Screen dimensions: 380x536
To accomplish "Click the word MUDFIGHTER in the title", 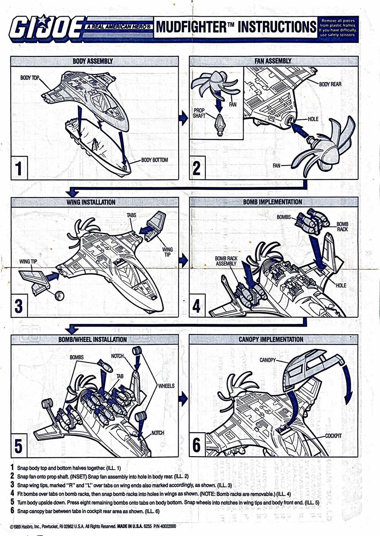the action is pos(191,27).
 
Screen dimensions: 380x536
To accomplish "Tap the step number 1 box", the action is pos(19,168).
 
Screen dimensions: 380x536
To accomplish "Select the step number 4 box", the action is pos(197,306).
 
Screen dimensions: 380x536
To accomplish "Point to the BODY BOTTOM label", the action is pos(155,160).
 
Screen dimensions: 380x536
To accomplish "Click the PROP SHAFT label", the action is pos(199,113).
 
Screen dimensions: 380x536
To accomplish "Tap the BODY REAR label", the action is pos(330,84).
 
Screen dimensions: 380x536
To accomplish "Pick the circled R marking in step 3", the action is pos(59,296).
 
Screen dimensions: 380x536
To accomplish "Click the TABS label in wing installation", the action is pos(131,215).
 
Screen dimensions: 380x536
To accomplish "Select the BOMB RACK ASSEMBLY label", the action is pos(226,261).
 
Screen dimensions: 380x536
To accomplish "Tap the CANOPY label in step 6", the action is pos(268,360).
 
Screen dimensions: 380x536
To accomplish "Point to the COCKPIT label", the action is pos(333,436).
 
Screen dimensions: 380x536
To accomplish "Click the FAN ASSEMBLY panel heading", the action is pos(273,61).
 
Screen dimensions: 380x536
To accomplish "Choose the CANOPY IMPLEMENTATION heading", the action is pos(271,339).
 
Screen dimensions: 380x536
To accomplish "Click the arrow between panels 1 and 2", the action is pos(184,118).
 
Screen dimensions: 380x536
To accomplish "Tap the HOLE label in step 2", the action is pos(313,119).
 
